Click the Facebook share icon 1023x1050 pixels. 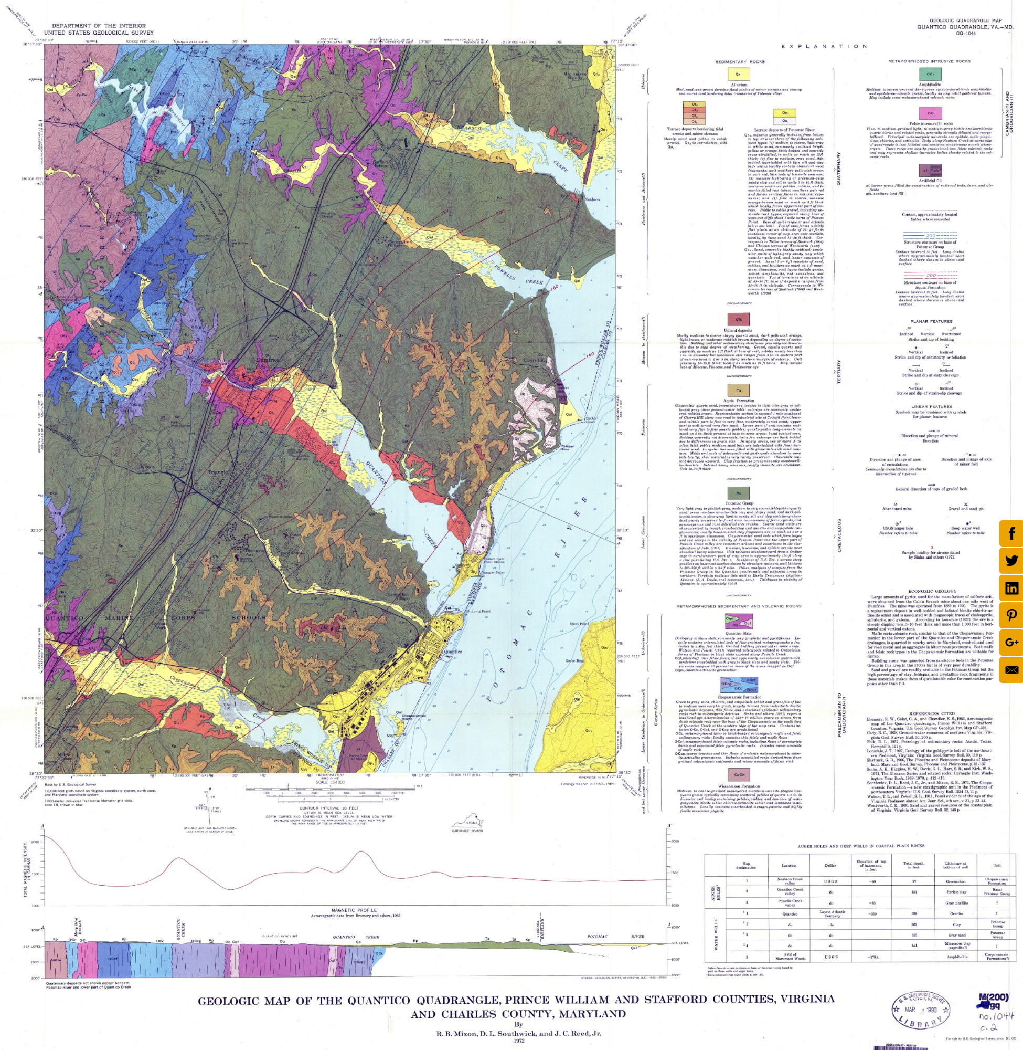1010,533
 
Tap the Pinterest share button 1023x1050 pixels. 1010,615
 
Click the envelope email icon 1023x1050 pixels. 1010,670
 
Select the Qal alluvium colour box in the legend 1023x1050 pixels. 738,73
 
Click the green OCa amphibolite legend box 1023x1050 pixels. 930,73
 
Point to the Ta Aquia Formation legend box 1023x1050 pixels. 739,390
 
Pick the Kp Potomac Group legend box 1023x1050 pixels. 739,492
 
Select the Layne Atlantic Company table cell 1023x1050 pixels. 832,913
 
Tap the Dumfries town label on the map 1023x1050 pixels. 268,360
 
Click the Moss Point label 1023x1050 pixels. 579,624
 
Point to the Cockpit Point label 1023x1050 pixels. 591,419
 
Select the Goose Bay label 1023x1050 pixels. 574,661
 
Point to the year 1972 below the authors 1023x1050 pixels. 518,1041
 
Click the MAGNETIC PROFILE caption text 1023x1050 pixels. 355,910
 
